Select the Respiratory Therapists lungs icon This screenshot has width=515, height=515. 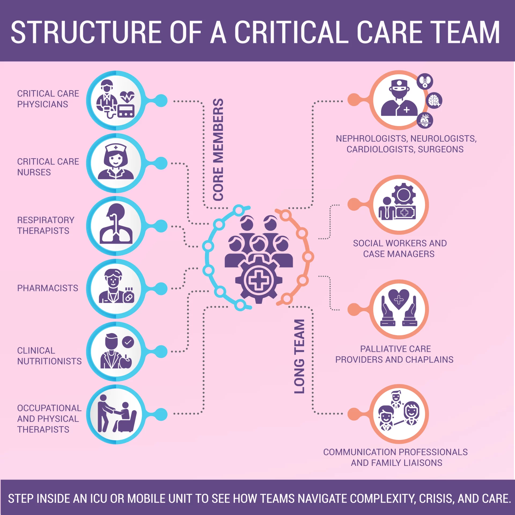(116, 225)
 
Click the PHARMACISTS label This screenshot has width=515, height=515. (47, 288)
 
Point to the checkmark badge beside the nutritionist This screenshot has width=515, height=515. (128, 342)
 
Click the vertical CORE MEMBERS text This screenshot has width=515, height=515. (218, 149)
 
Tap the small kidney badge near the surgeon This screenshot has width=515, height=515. (425, 81)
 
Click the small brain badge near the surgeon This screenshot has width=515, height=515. (434, 101)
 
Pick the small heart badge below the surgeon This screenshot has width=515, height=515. (425, 120)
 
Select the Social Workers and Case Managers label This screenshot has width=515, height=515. (399, 248)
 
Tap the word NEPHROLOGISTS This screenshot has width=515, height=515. (372, 138)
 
